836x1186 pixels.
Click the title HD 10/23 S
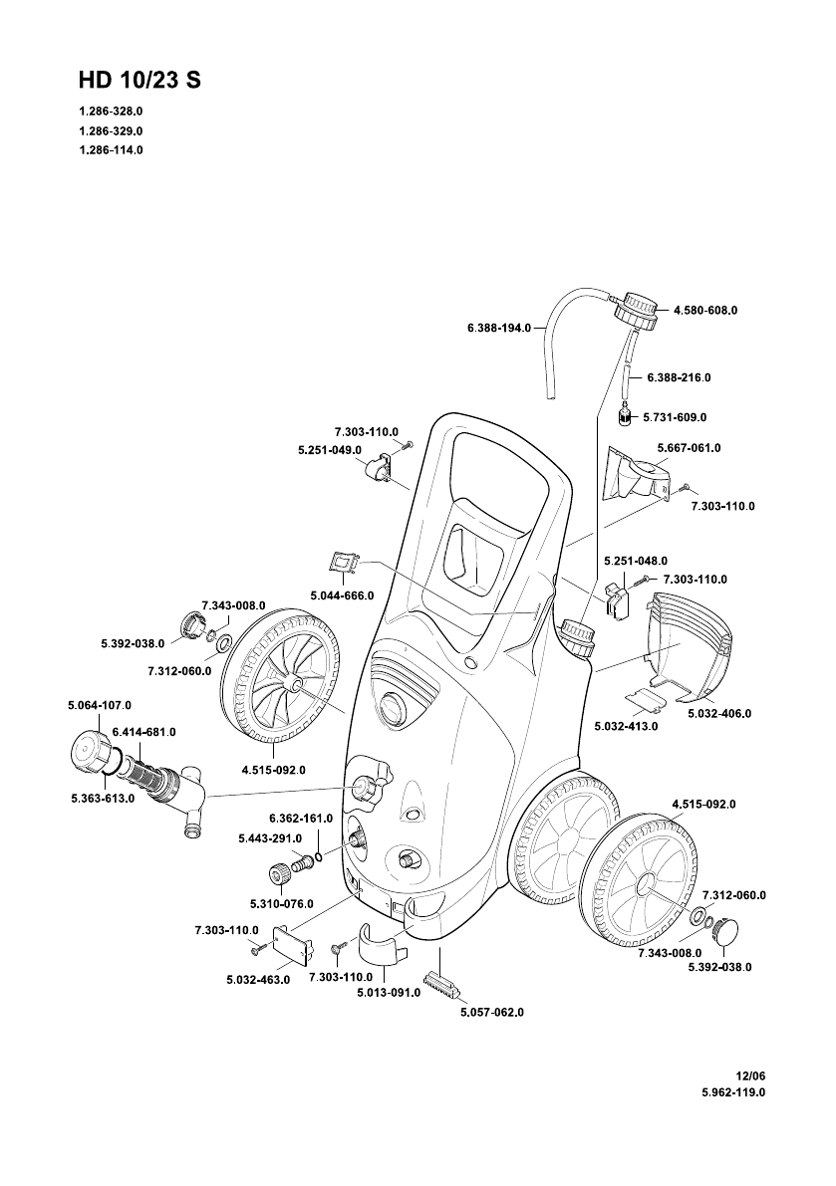[139, 82]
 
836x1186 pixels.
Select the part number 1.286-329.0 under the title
[111, 130]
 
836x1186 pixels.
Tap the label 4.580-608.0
[704, 311]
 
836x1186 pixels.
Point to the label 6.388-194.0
[498, 327]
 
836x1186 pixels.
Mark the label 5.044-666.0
[342, 594]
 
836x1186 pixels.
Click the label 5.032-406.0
[718, 714]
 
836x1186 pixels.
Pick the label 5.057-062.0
[491, 1012]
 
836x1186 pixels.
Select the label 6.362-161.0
[300, 819]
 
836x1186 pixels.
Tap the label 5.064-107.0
[100, 705]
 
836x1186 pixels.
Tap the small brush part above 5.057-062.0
[439, 987]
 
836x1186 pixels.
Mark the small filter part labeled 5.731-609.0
[625, 415]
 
